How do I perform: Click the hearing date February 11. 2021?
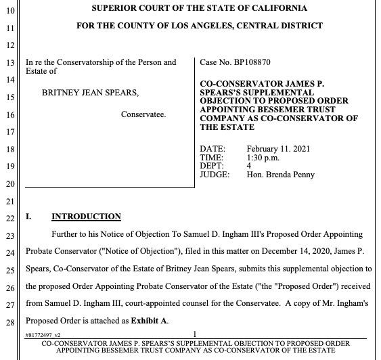275,149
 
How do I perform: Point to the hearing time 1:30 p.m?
264,157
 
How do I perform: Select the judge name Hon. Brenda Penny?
280,175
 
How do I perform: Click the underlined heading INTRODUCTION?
86,217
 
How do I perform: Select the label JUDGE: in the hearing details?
215,175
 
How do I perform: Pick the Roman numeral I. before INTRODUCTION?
28,217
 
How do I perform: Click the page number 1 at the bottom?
194,334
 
